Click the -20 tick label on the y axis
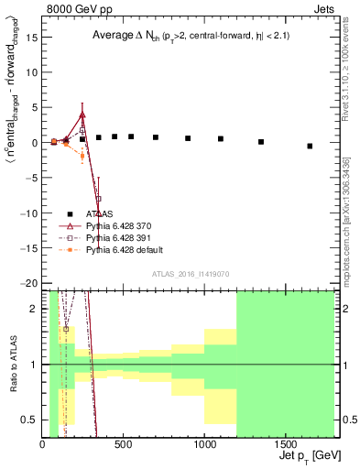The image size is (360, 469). (30, 283)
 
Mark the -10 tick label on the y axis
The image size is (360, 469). (30, 213)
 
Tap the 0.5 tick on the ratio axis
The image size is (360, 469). (32, 420)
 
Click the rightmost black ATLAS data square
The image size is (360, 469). (310, 146)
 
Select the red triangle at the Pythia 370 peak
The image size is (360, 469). (82, 115)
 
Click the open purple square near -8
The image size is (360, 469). (99, 199)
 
